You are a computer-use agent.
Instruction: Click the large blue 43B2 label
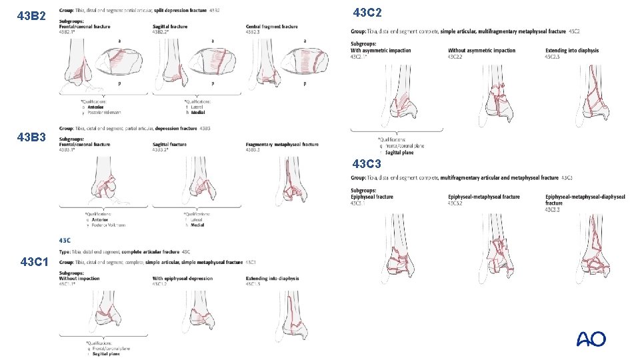coord(31,15)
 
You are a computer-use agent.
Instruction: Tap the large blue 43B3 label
coord(31,137)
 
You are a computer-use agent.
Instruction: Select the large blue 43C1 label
coord(34,262)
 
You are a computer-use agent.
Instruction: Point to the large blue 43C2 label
coord(367,13)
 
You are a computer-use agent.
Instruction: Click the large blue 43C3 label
coord(367,163)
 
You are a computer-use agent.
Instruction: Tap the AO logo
coord(591,339)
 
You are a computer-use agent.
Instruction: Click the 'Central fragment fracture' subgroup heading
coord(271,27)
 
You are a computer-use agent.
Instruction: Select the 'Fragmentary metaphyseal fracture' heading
coord(282,144)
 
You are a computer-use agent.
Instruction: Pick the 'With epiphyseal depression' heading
coord(183,279)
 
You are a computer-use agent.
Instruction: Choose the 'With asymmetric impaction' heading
coord(381,51)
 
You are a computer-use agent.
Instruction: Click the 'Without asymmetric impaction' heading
coord(481,51)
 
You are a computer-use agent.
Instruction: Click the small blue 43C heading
coord(65,240)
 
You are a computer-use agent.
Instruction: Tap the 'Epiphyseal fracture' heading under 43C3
coord(372,197)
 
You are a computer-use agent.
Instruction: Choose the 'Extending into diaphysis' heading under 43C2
coord(572,51)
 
